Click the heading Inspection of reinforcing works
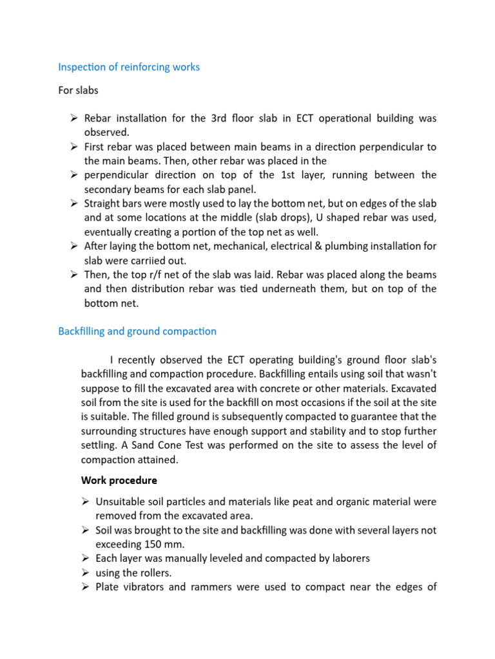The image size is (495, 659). tap(129, 67)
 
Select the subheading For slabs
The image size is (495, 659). tap(78, 90)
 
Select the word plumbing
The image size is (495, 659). tap(346, 246)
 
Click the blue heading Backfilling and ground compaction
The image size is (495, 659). tap(137, 331)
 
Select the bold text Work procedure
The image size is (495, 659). tap(119, 480)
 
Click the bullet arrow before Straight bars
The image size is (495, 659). tap(74, 203)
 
